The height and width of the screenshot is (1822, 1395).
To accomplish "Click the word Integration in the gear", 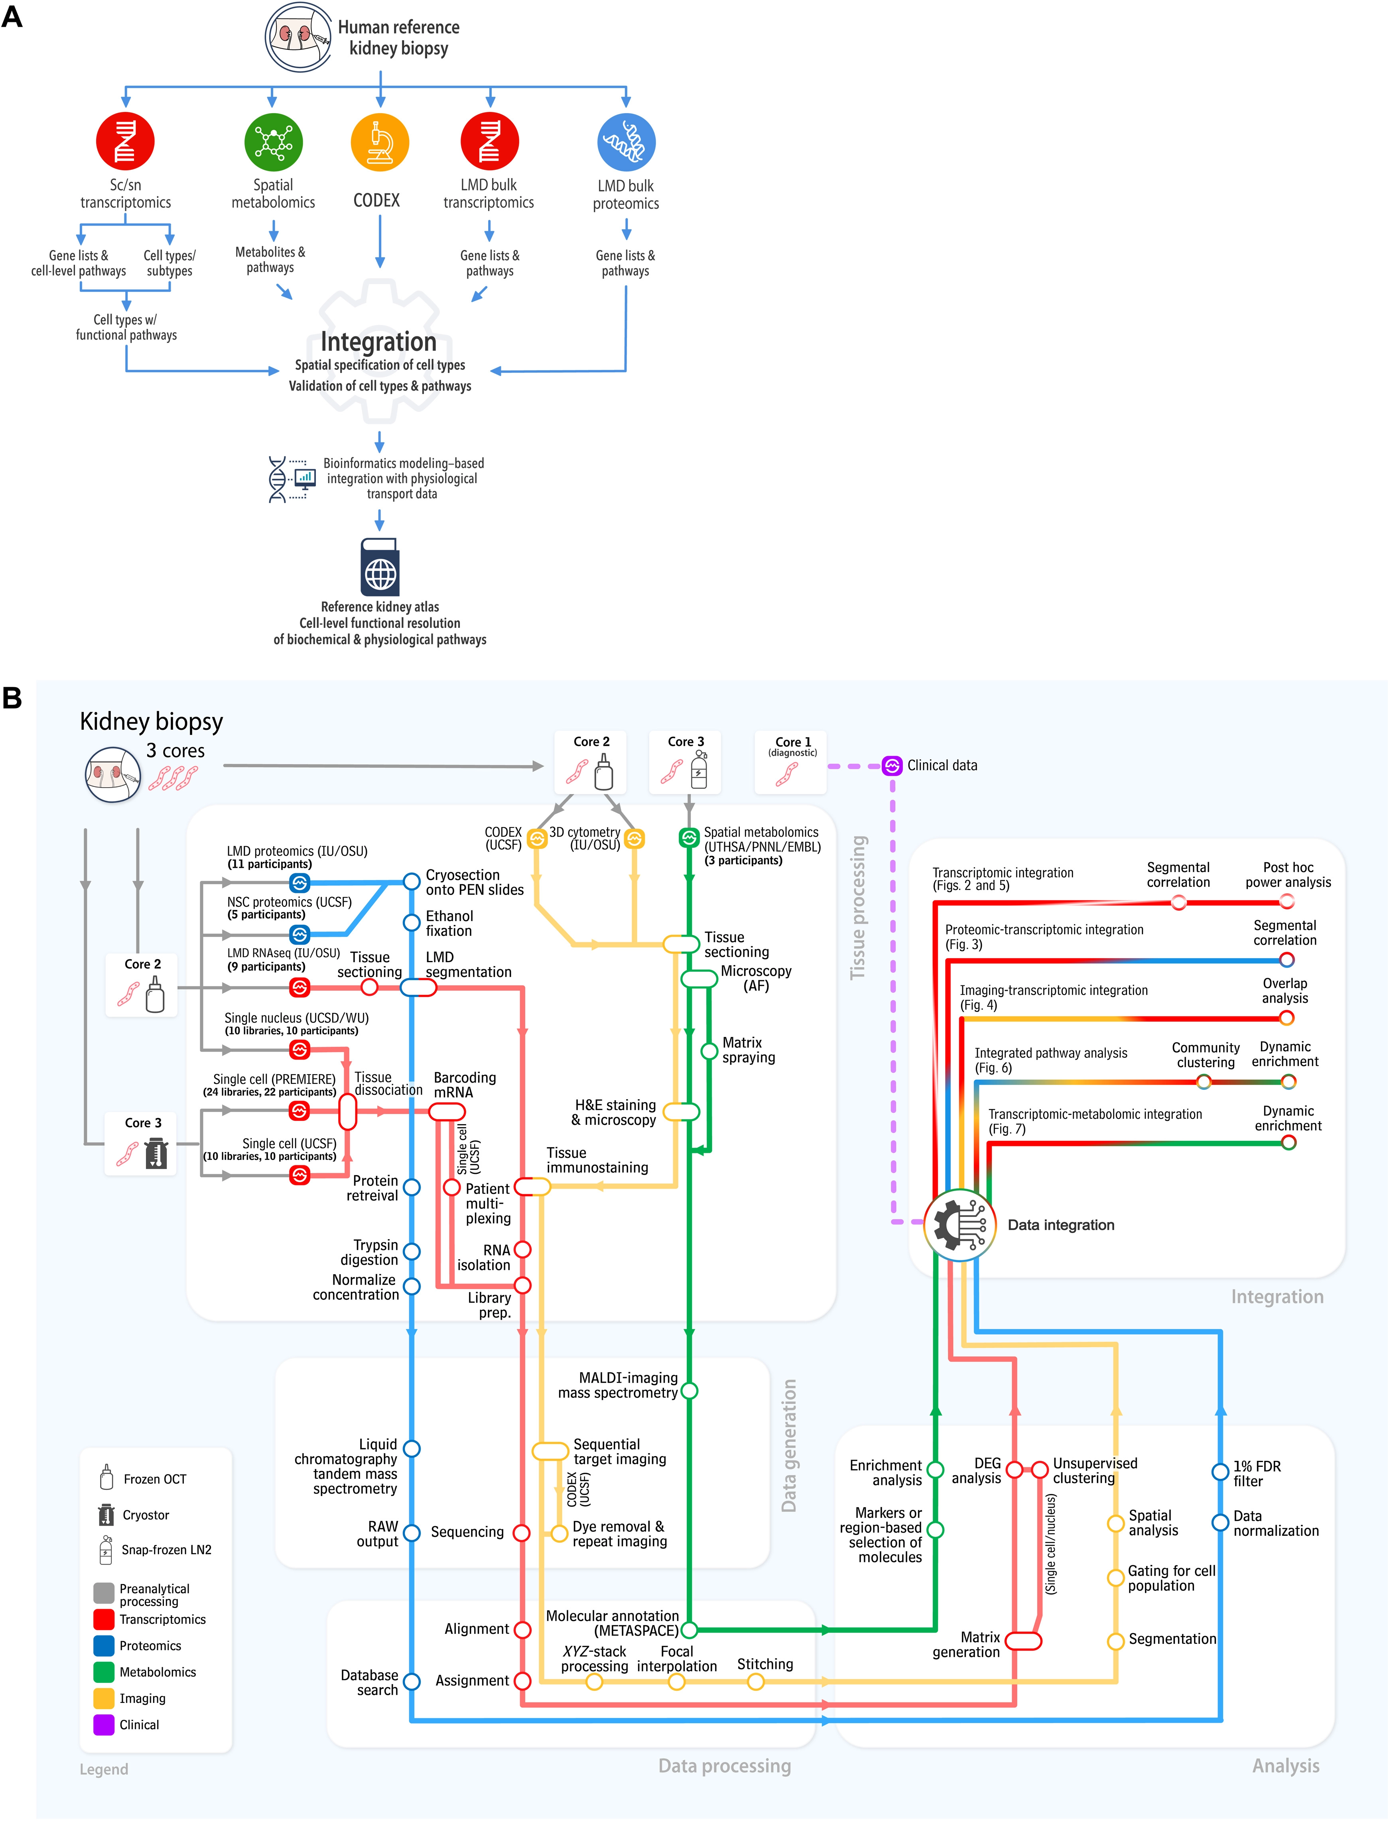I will click(378, 341).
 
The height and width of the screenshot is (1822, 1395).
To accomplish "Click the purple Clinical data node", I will click(892, 765).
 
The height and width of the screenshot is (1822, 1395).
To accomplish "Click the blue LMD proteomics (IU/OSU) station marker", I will click(300, 883).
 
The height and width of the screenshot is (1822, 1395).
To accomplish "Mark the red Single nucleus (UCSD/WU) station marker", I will click(300, 1050).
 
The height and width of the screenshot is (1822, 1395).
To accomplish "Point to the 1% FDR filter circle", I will click(1220, 1472).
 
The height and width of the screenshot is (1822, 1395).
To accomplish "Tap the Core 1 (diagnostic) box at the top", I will click(790, 761).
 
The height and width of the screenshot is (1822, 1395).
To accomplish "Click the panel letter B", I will click(12, 697).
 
